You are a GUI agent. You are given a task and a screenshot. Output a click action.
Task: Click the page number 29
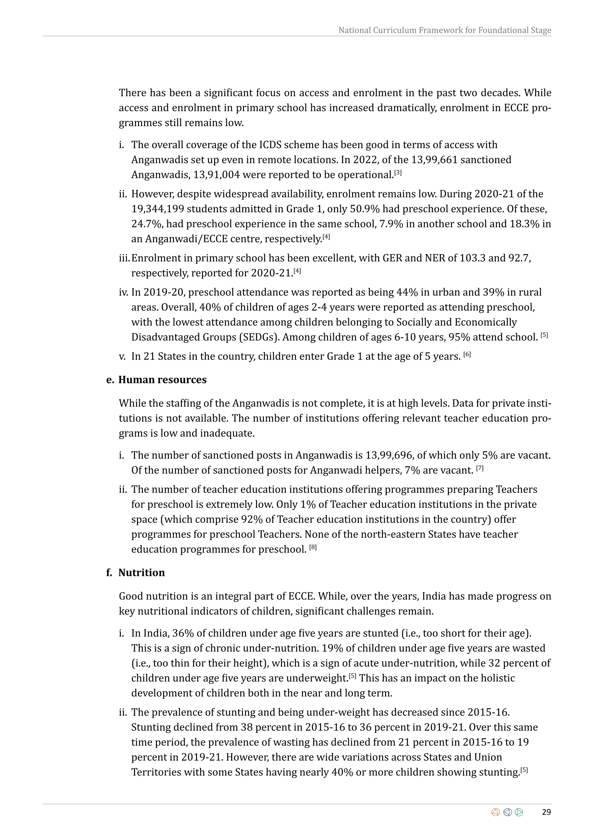coord(546,812)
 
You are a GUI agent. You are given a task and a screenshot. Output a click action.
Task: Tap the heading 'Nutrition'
coord(142,573)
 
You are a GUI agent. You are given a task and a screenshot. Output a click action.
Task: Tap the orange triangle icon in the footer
coord(496,812)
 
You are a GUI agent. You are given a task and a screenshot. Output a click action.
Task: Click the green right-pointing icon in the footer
coord(519,812)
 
